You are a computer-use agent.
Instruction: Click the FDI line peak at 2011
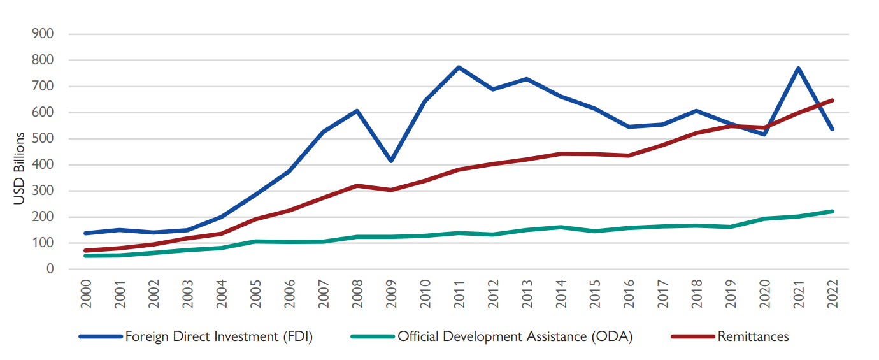[459, 67]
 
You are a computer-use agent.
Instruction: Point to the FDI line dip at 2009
[390, 161]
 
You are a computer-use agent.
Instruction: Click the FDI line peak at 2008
[357, 111]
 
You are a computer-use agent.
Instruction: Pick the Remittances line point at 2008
[357, 185]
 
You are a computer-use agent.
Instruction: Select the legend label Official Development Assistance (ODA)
[515, 336]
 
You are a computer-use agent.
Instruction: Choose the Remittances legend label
[753, 336]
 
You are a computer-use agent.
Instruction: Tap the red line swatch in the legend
[692, 336]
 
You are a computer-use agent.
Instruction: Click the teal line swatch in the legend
[372, 336]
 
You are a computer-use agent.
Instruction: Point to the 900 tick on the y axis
[45, 34]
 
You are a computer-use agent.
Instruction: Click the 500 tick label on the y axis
[45, 139]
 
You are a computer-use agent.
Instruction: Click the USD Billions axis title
[19, 168]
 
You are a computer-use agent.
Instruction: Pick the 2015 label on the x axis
[595, 295]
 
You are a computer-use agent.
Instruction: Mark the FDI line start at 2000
[86, 233]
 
